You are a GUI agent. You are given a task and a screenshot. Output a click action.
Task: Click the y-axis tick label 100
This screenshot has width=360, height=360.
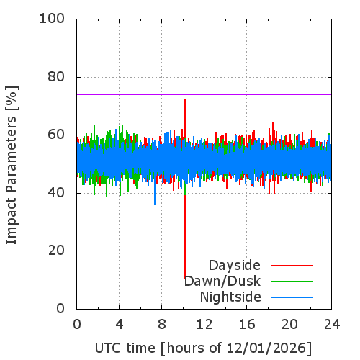pos(52,19)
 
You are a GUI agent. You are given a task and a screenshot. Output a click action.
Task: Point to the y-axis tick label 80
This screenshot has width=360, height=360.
pos(56,77)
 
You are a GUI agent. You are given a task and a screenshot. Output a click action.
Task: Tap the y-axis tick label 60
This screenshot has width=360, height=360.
pos(56,135)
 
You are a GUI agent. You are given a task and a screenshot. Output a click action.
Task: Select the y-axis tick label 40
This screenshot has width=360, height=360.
pos(56,193)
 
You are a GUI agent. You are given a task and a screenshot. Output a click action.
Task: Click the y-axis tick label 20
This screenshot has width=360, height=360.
pos(56,251)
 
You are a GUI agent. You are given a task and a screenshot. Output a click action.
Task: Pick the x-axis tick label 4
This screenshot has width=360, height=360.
pos(120,325)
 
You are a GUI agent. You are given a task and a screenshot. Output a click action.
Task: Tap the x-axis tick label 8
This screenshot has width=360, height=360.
pos(162,325)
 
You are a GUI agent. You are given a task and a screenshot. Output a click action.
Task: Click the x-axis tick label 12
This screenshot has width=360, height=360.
pos(204,325)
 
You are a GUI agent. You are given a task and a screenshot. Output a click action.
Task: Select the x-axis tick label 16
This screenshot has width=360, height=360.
pos(247,325)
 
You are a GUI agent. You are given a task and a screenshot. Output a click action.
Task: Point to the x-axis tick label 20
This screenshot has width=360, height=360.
pos(289,325)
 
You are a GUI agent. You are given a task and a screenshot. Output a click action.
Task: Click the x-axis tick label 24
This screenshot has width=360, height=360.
pos(332,325)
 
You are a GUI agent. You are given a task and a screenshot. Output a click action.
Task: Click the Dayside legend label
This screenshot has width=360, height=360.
pos(235,266)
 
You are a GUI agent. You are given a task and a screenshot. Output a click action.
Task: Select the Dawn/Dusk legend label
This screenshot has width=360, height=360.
pos(222,281)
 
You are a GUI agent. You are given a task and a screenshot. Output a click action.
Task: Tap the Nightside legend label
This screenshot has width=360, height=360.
pos(230,297)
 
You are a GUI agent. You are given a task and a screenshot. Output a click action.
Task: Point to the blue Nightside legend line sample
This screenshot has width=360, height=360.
pos(292,297)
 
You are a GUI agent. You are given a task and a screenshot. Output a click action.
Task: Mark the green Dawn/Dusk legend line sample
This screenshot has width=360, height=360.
pos(292,282)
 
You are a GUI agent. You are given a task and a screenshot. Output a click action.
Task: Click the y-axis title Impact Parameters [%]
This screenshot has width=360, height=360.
pos(12,165)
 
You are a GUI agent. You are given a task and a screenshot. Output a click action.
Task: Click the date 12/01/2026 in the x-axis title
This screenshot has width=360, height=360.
pos(266,348)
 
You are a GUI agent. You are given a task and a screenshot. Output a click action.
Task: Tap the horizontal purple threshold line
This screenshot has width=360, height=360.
pos(204,94)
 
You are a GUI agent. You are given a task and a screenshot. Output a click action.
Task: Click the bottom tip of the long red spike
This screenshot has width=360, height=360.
pos(185,279)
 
